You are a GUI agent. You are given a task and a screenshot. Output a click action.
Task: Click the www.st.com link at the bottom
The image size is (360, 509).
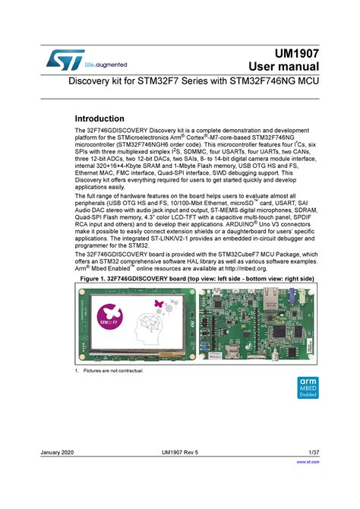308,461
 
